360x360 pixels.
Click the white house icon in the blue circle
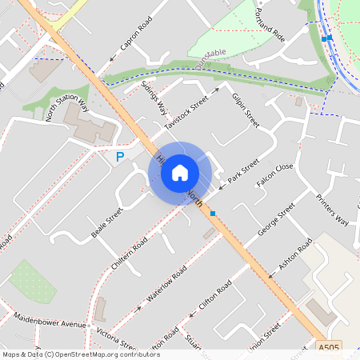(x=180, y=172)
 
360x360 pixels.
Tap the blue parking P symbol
(x=120, y=158)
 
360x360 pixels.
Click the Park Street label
(x=243, y=171)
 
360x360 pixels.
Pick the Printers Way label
(x=332, y=210)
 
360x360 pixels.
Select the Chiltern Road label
(x=130, y=253)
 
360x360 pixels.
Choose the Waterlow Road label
(x=167, y=284)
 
